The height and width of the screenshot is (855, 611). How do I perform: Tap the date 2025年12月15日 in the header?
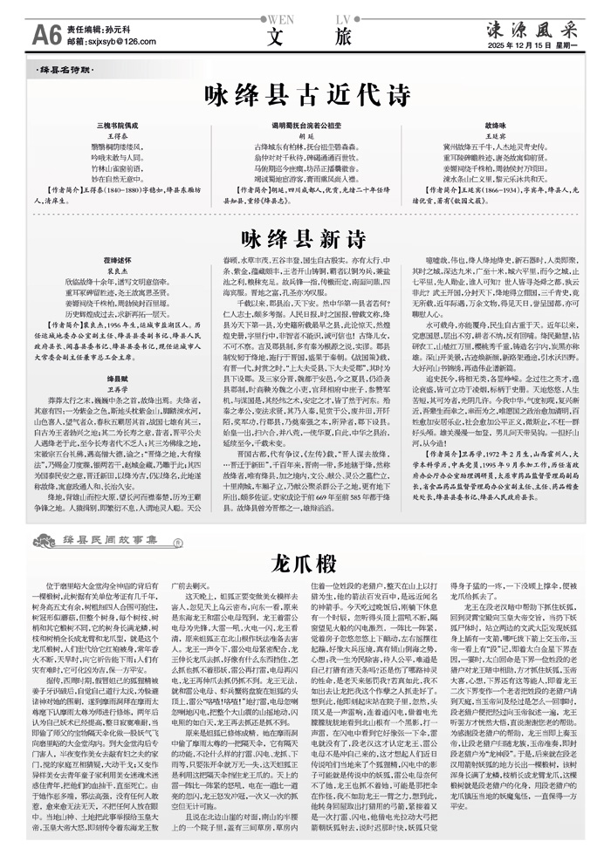pos(530,44)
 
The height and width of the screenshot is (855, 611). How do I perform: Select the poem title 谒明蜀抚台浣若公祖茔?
pos(305,126)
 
